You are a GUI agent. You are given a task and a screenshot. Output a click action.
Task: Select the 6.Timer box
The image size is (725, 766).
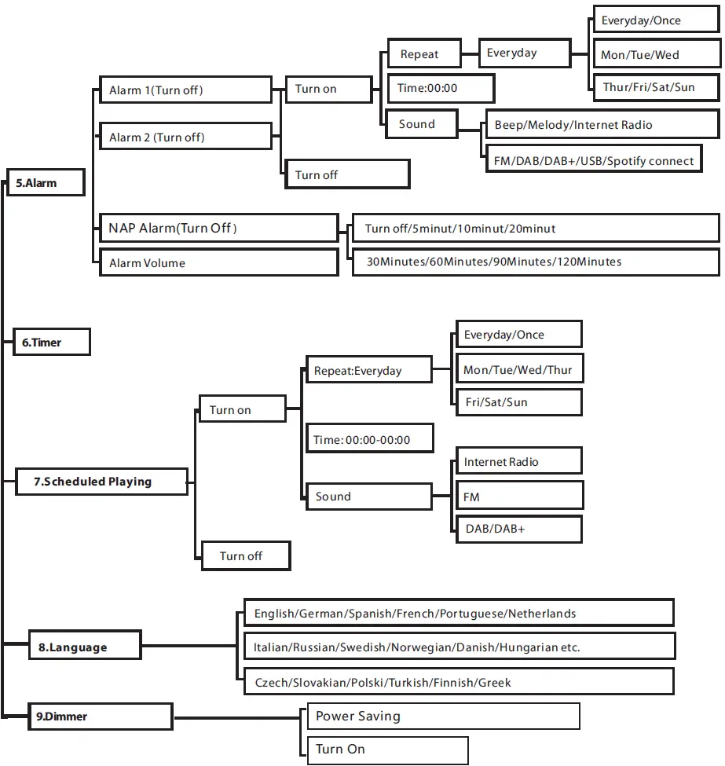tap(52, 343)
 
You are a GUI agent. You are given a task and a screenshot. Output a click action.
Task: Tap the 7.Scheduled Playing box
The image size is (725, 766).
tap(101, 482)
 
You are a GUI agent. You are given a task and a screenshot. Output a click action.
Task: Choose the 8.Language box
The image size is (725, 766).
tap(84, 647)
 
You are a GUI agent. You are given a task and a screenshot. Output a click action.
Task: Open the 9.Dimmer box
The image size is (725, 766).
tap(100, 717)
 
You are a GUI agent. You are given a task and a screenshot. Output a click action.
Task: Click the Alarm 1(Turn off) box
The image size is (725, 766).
tap(185, 90)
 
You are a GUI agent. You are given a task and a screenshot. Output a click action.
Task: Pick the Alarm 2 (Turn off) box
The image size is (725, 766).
tap(185, 137)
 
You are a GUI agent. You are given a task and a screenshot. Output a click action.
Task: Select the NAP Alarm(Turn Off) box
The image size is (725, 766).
tap(218, 229)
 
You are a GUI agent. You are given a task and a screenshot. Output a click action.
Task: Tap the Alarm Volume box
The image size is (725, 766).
tap(218, 262)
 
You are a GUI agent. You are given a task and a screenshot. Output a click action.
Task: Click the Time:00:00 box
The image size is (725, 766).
tap(441, 88)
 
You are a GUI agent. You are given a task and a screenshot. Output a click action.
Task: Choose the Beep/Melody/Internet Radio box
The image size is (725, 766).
tap(601, 124)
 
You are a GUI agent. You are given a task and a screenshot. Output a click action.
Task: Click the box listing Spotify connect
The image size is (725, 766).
tap(593, 160)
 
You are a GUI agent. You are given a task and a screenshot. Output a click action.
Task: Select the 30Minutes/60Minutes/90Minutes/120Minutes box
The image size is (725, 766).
tap(536, 262)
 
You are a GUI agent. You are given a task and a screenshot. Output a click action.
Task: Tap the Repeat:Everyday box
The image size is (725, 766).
tap(368, 370)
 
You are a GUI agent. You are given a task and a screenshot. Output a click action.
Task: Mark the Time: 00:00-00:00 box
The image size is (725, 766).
tap(369, 440)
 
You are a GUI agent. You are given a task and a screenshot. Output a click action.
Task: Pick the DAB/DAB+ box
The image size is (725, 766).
tap(519, 529)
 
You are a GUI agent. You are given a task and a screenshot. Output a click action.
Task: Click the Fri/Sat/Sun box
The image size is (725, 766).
tap(519, 401)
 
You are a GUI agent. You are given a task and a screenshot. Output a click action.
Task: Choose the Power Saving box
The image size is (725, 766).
tap(440, 716)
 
